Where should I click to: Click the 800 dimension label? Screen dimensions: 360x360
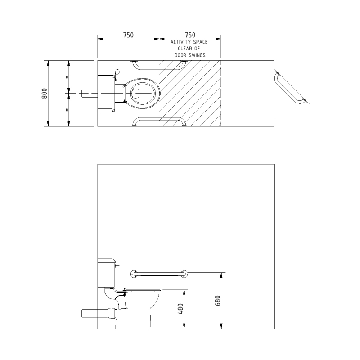45,94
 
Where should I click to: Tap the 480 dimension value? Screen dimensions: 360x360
181,309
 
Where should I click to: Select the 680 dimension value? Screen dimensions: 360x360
218,301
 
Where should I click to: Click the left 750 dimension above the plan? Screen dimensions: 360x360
128,35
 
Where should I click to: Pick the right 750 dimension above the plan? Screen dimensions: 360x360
190,35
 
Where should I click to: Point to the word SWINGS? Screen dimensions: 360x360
197,55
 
